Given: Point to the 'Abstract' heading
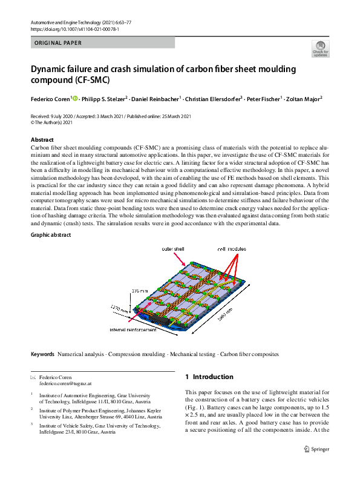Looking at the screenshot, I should pyautogui.click(x=42, y=140).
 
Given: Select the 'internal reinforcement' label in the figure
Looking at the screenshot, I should pyautogui.click(x=134, y=330).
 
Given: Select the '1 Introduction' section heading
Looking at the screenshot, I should pyautogui.click(x=209, y=377).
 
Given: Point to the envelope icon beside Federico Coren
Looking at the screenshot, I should pyautogui.click(x=33, y=377).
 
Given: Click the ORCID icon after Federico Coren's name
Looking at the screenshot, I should pyautogui.click(x=75, y=97).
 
